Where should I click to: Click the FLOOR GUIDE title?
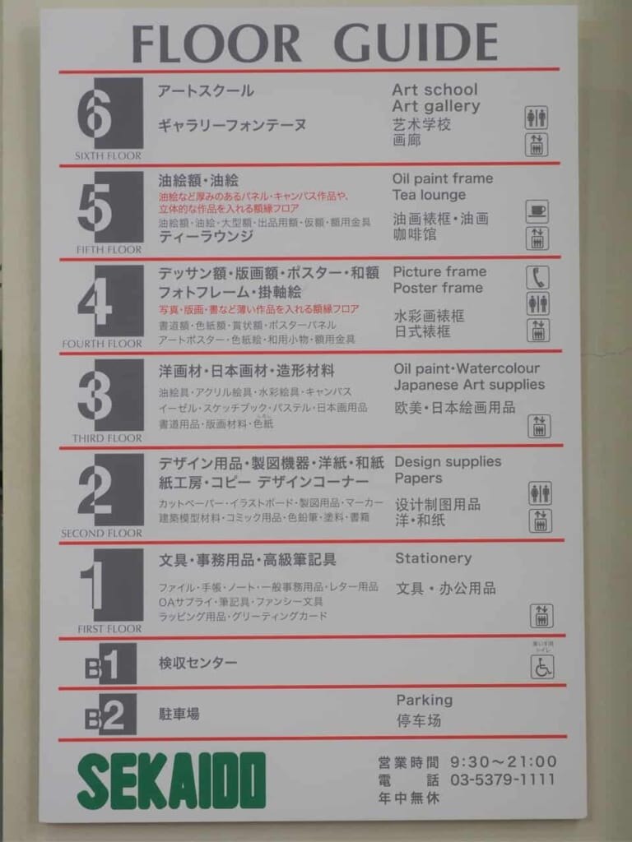point(315,43)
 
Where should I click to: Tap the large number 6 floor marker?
point(110,114)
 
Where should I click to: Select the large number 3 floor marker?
point(110,396)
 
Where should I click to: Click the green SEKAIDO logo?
point(172,780)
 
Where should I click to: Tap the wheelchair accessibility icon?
point(541,666)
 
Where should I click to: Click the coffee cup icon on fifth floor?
point(537,212)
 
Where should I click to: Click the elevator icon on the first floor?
point(541,615)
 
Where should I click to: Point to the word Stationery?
point(433,558)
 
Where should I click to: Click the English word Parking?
point(424,700)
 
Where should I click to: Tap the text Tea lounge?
point(429,195)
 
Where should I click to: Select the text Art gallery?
point(435,106)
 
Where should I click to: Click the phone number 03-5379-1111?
point(502,780)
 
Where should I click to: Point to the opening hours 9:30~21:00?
point(502,761)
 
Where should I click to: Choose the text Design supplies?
point(447,461)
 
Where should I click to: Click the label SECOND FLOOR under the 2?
point(101,534)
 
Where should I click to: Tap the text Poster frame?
point(438,288)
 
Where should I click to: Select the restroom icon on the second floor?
point(540,493)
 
